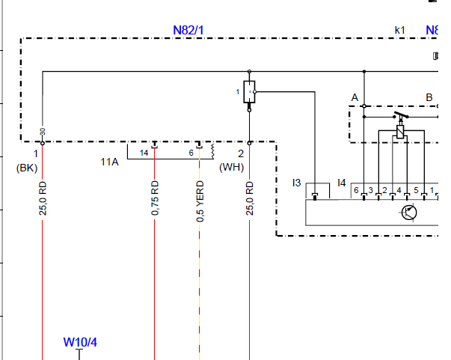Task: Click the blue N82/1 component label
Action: click(188, 30)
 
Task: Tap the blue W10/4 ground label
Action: click(80, 342)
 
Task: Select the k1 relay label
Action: click(400, 30)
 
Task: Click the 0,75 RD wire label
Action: click(155, 198)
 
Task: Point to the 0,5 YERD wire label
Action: click(200, 201)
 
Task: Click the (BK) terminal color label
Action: click(27, 168)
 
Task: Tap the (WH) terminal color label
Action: click(232, 167)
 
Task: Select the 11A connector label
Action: click(110, 162)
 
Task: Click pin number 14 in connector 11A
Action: click(144, 153)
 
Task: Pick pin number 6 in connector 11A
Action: click(191, 153)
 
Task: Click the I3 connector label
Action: click(296, 183)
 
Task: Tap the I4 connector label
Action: click(341, 183)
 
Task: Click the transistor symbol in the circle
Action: click(409, 213)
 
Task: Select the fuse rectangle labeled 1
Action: click(249, 92)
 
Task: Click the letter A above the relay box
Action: click(355, 97)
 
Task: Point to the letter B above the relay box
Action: click(429, 97)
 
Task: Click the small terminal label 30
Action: click(43, 132)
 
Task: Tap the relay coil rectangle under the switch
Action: click(400, 132)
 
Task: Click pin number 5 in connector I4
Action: click(416, 190)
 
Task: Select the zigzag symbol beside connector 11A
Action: click(212, 151)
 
